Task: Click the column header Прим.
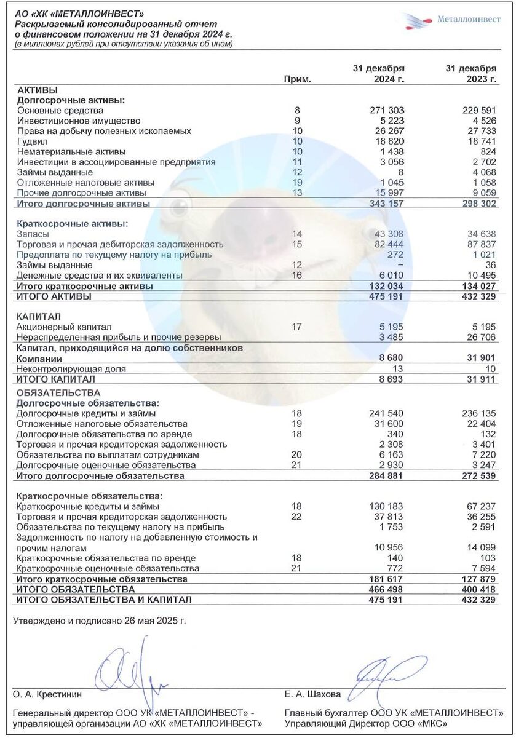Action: click(298, 79)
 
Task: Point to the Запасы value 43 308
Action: click(389, 234)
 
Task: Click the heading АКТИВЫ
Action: click(38, 90)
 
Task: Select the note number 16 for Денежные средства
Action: click(298, 276)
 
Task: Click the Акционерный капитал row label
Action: click(64, 327)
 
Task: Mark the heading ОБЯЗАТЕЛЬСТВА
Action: click(58, 392)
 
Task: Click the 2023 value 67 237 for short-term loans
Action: click(480, 506)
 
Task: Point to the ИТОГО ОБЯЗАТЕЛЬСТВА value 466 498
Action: click(385, 589)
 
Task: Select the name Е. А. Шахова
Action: click(312, 694)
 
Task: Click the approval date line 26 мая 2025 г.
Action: click(99, 621)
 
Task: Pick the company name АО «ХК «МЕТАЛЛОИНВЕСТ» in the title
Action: click(80, 14)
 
